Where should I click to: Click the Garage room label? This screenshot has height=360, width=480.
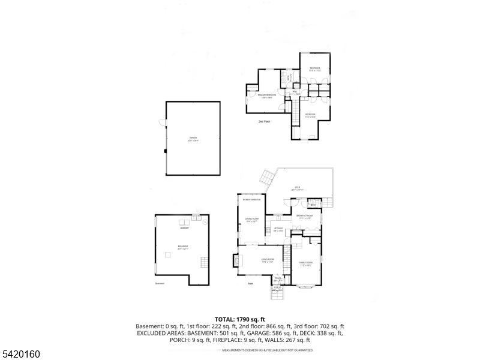tap(193, 139)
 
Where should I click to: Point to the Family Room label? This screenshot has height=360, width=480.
tap(306, 263)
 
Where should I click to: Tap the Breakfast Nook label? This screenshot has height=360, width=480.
tap(305, 217)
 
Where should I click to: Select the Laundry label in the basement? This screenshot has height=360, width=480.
tap(185, 228)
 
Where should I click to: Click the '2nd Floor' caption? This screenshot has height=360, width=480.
tap(265, 122)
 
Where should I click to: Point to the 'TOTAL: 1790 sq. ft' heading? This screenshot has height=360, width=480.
tap(240, 319)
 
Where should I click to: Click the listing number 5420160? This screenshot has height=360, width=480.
tap(22, 354)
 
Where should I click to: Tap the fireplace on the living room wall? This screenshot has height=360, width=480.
tap(235, 260)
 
